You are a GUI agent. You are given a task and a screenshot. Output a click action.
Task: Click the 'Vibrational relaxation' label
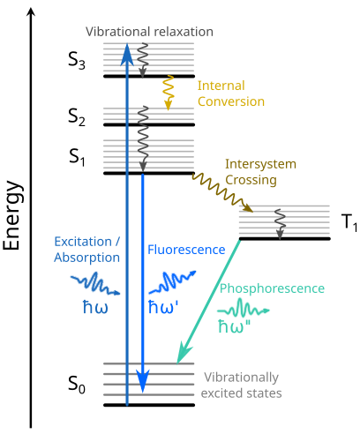click(x=149, y=32)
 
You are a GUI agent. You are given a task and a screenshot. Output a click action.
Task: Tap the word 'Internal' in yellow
click(x=220, y=86)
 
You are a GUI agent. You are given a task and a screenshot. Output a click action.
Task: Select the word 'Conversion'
click(x=230, y=101)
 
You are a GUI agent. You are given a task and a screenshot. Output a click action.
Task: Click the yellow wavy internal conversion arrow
click(x=166, y=93)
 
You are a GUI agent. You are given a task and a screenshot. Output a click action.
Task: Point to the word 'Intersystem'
click(x=260, y=164)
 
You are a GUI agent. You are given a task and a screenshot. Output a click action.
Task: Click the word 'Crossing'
click(x=251, y=180)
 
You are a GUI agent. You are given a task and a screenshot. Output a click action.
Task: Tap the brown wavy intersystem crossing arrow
click(x=221, y=191)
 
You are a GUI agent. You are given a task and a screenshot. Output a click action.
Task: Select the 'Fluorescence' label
click(x=186, y=250)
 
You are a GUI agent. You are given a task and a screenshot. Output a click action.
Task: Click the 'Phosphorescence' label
click(x=272, y=288)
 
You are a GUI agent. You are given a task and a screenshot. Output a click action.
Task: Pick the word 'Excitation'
click(x=83, y=241)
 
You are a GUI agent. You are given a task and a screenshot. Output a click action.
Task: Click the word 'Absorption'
click(x=86, y=258)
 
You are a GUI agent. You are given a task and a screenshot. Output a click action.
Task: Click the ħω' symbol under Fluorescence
click(x=165, y=309)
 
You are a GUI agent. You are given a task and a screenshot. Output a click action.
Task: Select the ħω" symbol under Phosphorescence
click(x=234, y=325)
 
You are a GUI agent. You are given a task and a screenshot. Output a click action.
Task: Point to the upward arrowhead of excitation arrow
click(x=126, y=55)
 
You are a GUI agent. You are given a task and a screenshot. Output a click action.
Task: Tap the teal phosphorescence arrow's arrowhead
click(x=184, y=355)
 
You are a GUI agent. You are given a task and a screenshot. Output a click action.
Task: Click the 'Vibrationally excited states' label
click(x=242, y=385)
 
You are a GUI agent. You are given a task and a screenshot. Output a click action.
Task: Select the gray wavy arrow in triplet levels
click(x=280, y=222)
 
